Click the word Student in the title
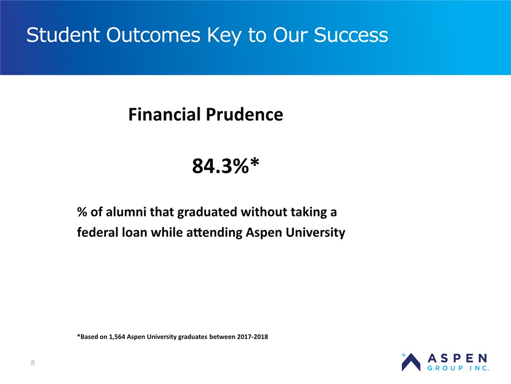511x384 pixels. click(x=63, y=35)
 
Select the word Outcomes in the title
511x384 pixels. click(x=153, y=35)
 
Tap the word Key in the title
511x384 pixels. click(x=224, y=36)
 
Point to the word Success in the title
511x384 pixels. click(x=351, y=35)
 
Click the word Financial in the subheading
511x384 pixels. click(x=164, y=114)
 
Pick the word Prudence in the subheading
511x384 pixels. click(x=244, y=114)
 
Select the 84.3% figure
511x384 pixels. click(x=220, y=166)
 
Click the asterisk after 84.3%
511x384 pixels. click(x=254, y=162)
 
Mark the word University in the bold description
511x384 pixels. click(x=316, y=233)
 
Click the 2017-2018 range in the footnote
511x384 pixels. click(x=252, y=337)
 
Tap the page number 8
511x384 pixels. click(x=32, y=363)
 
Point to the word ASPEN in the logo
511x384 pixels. click(x=458, y=358)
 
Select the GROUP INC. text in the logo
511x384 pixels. click(x=458, y=368)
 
